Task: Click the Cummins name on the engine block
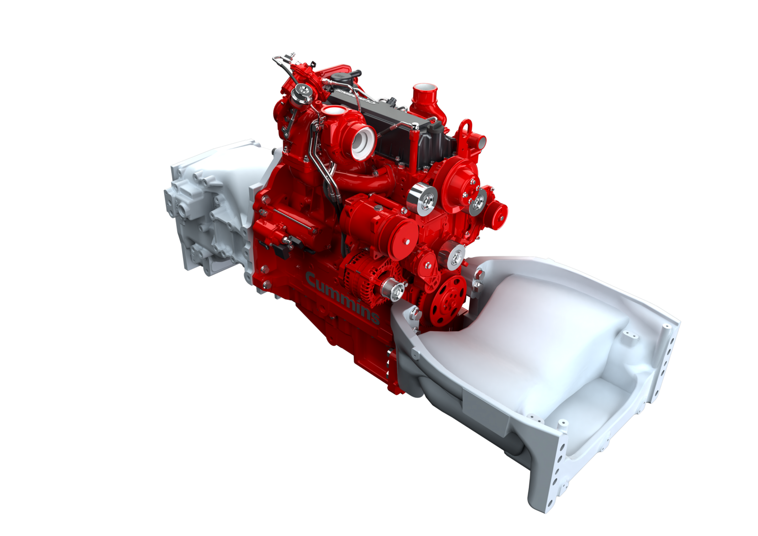(x=342, y=298)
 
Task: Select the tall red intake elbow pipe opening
(x=422, y=92)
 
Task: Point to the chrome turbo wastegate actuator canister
(x=302, y=92)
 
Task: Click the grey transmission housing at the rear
(x=207, y=207)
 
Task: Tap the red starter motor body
(x=291, y=227)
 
